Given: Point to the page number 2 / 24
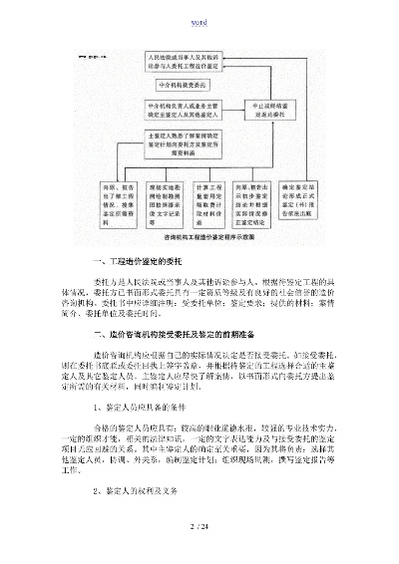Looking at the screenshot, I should [x=199, y=525].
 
